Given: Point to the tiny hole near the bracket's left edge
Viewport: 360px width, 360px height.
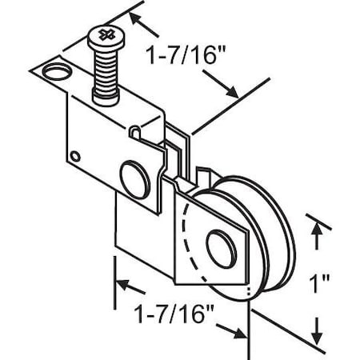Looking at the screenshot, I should tap(74, 155).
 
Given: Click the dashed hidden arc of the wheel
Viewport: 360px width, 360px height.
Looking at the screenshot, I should tap(186, 240).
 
